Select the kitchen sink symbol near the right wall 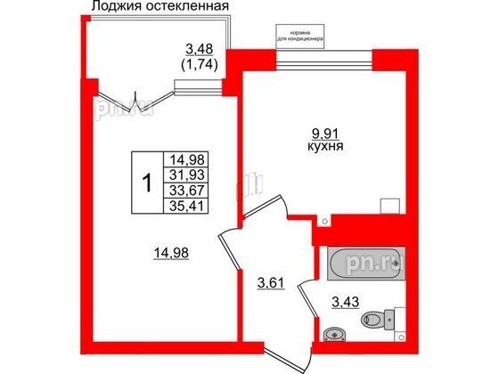click(388, 204)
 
